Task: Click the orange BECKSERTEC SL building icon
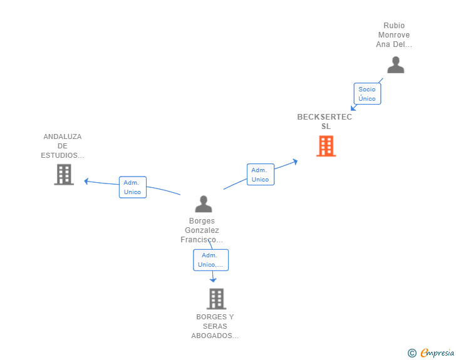click(326, 146)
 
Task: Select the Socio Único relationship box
click(367, 94)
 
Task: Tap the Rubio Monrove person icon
click(395, 65)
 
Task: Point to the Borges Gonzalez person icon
click(204, 204)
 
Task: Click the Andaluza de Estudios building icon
click(64, 175)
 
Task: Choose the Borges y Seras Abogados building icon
click(216, 299)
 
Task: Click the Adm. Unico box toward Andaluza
click(133, 187)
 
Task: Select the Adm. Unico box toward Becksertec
click(261, 175)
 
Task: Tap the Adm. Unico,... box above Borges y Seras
click(211, 260)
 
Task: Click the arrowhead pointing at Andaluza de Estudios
click(86, 181)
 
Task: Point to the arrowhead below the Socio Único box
click(353, 108)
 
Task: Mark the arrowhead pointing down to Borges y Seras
click(213, 280)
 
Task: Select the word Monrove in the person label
click(394, 35)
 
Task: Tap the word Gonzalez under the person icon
click(202, 230)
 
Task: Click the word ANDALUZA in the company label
click(63, 136)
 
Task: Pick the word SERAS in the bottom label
click(215, 326)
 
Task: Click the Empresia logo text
click(437, 352)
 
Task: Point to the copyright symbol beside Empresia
click(412, 353)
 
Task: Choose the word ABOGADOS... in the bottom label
click(215, 336)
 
